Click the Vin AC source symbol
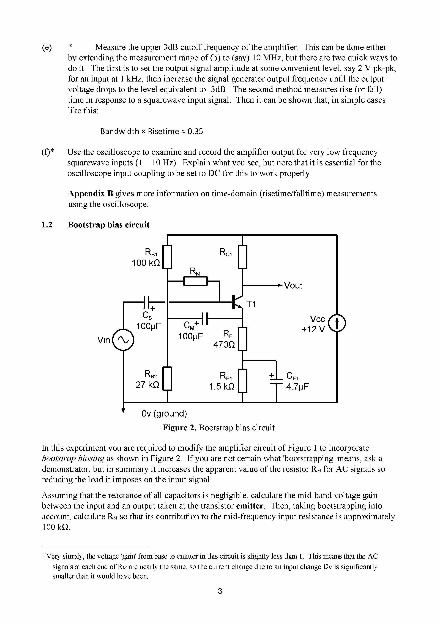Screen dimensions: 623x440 [x=123, y=339]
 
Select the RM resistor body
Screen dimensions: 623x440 [x=195, y=281]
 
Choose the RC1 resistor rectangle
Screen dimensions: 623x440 [x=242, y=257]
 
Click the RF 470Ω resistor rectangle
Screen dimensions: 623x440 [x=242, y=339]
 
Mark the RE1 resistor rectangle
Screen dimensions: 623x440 [x=242, y=380]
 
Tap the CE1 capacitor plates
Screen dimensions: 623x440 [x=276, y=382]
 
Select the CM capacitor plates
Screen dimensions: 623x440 [x=205, y=319]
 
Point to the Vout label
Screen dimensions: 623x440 [x=293, y=285]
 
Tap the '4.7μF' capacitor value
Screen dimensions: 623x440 [x=297, y=386]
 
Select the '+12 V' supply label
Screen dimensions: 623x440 [x=313, y=329]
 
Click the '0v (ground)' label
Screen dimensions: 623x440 [x=164, y=413]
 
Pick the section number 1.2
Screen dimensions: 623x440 [x=47, y=225]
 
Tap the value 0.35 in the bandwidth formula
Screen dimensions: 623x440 [x=195, y=131]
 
